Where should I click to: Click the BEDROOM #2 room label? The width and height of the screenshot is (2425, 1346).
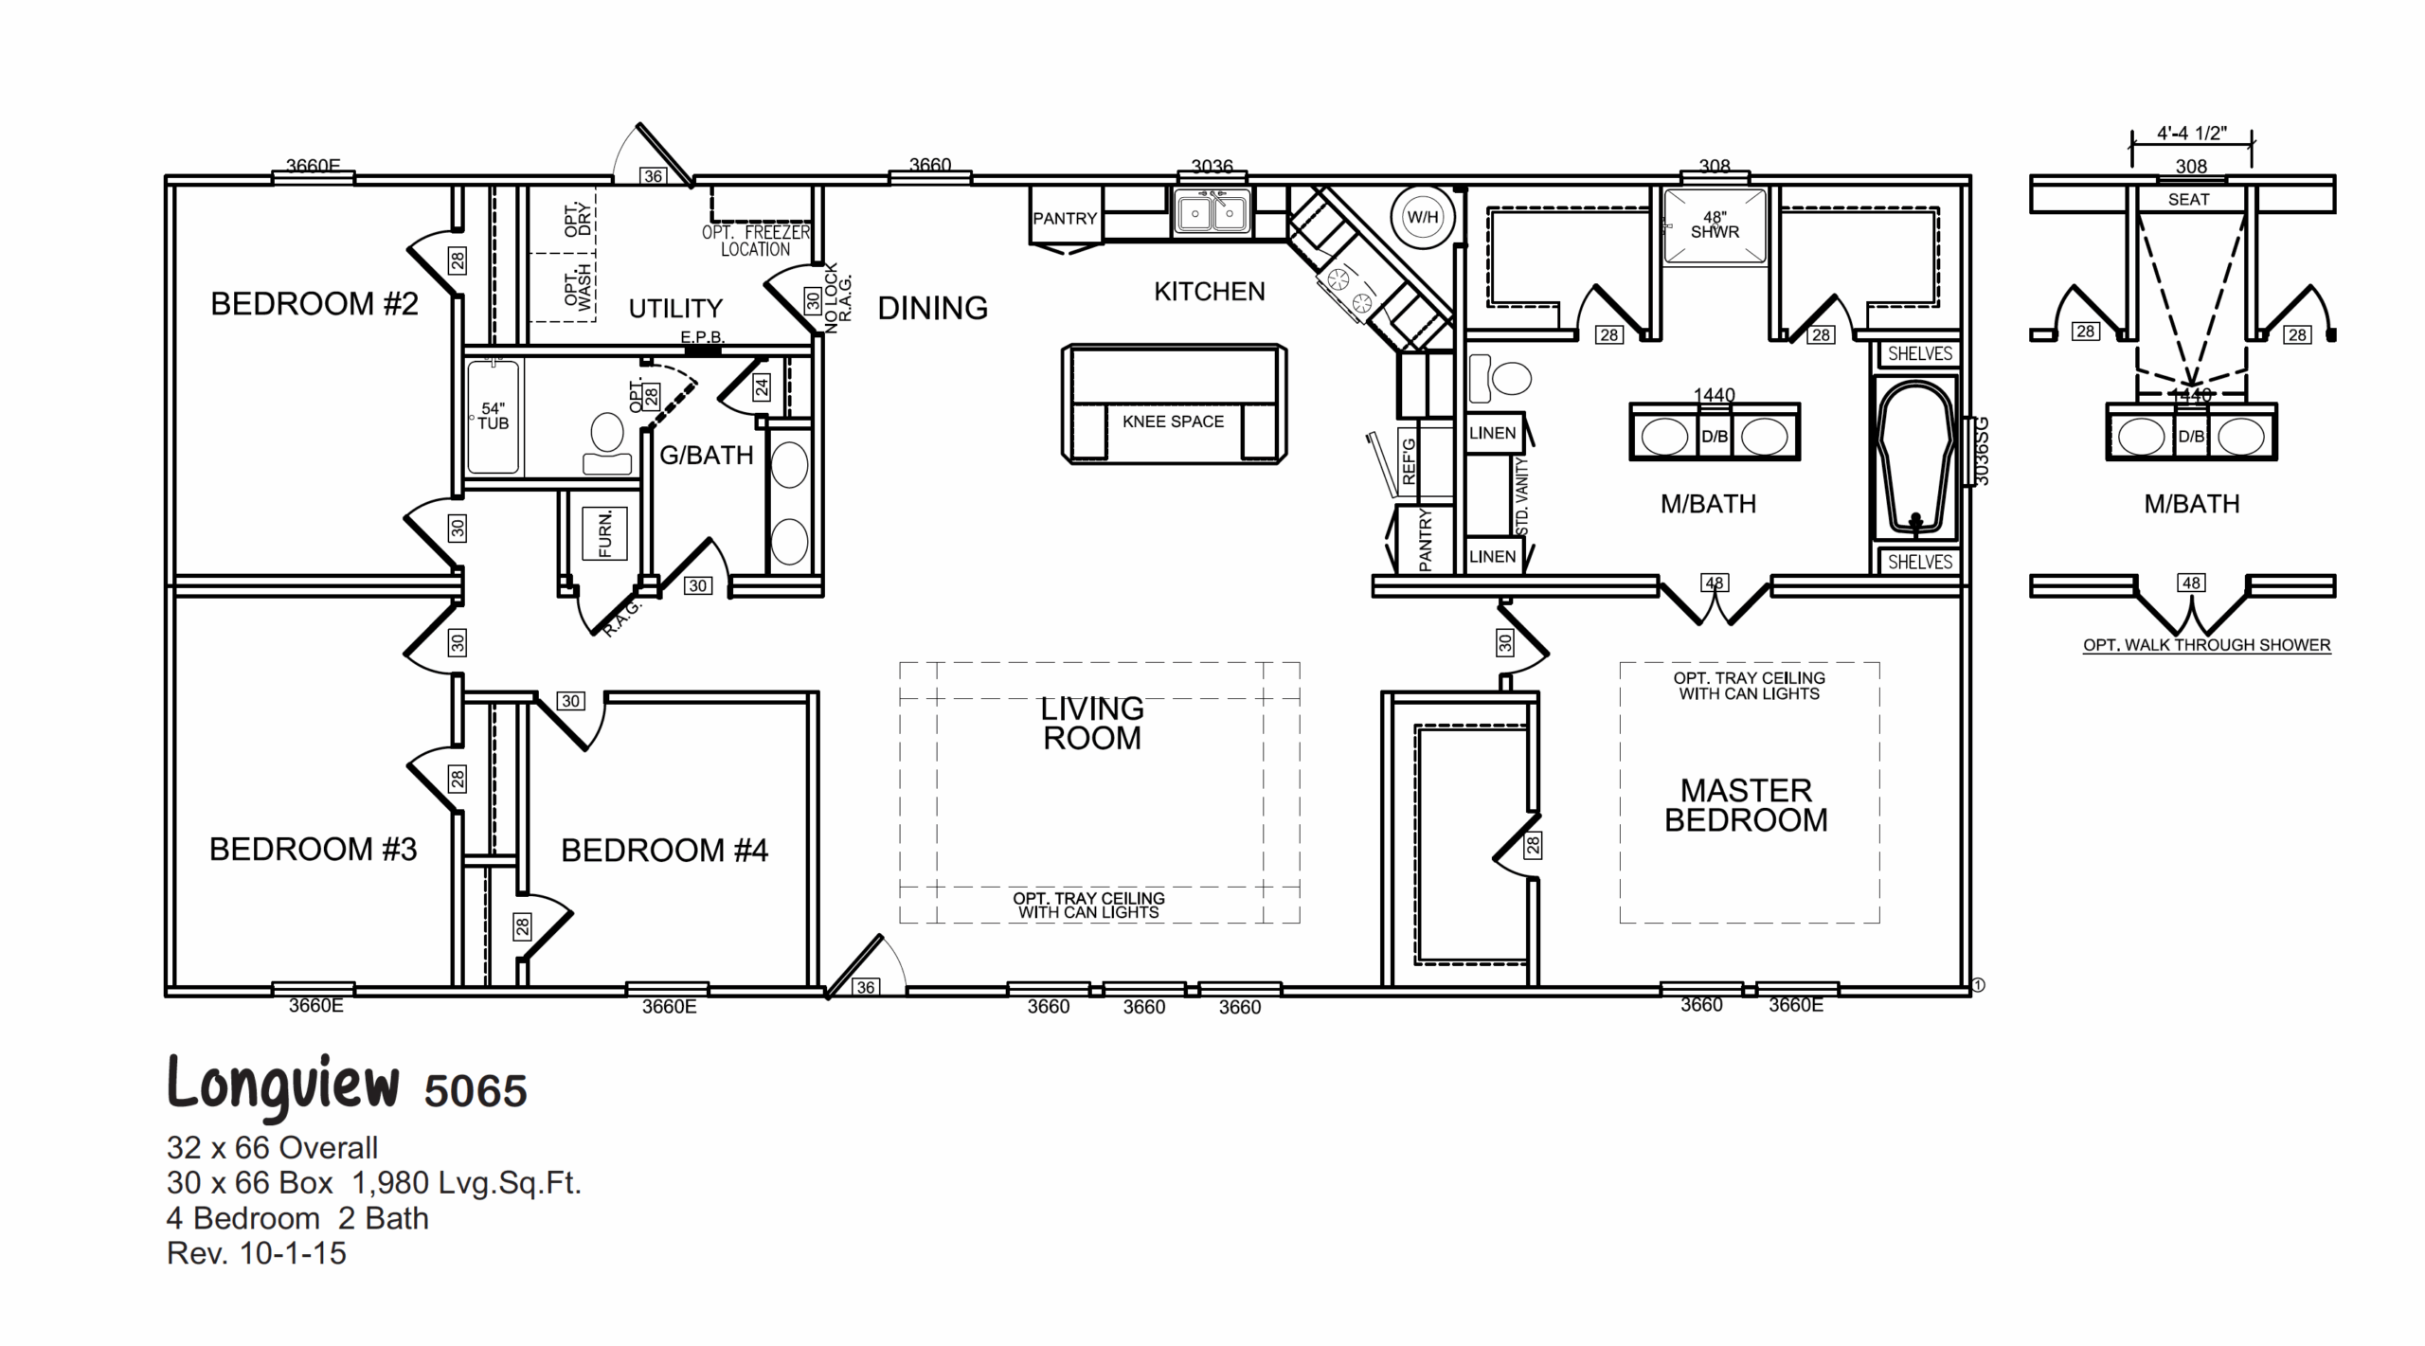pyautogui.click(x=314, y=304)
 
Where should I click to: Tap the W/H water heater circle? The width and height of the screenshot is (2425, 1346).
pyautogui.click(x=1422, y=218)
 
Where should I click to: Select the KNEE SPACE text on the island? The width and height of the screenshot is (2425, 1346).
pyautogui.click(x=1173, y=422)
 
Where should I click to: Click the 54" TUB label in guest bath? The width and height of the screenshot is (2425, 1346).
pyautogui.click(x=493, y=417)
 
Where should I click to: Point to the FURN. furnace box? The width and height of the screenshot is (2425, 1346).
pyautogui.click(x=604, y=535)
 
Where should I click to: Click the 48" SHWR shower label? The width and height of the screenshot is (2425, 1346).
pyautogui.click(x=1715, y=225)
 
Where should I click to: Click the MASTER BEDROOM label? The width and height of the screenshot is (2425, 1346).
pyautogui.click(x=1746, y=805)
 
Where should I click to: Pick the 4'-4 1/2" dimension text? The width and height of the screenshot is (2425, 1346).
pyautogui.click(x=2191, y=134)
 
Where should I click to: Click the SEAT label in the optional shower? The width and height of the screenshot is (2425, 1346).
pyautogui.click(x=2188, y=200)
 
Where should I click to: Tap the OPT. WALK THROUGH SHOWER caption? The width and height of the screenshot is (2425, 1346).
pyautogui.click(x=2206, y=645)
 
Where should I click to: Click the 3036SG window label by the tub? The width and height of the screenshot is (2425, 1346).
pyautogui.click(x=1981, y=451)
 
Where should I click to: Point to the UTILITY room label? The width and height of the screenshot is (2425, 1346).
pyautogui.click(x=675, y=309)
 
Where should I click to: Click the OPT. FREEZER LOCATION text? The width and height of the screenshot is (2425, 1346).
pyautogui.click(x=756, y=241)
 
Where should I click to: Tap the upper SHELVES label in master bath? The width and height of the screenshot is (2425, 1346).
pyautogui.click(x=1919, y=354)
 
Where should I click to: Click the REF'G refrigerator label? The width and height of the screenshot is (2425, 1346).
pyautogui.click(x=1409, y=461)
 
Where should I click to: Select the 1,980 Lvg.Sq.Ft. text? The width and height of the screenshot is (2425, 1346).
pyautogui.click(x=466, y=1183)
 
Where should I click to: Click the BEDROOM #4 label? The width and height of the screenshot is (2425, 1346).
pyautogui.click(x=664, y=851)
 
